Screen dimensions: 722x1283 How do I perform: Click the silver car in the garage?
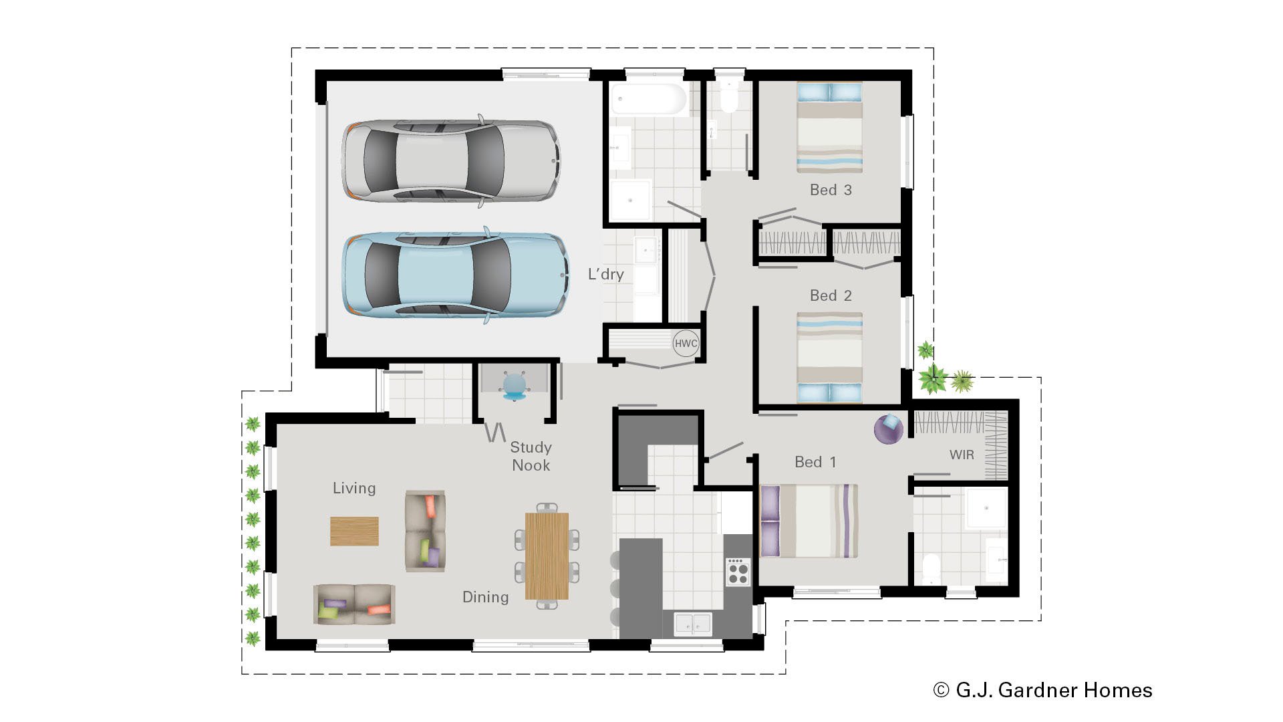[451, 161]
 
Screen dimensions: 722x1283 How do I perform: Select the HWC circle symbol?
[686, 344]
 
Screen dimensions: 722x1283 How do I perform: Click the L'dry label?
[605, 274]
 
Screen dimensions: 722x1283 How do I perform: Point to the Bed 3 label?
[831, 190]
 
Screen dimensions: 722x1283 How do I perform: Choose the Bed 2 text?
[831, 295]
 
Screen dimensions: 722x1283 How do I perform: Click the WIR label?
[962, 455]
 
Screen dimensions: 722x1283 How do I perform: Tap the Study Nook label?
[531, 457]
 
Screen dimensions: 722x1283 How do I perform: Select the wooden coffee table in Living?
[354, 531]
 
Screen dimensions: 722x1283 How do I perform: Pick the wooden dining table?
[547, 556]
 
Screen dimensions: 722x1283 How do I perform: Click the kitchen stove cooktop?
[738, 572]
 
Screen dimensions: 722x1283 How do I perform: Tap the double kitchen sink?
[693, 623]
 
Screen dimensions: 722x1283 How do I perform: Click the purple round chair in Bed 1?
[889, 428]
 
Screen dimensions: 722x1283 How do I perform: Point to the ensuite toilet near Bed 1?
[931, 569]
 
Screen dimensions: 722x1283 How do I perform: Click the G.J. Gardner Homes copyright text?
[1042, 690]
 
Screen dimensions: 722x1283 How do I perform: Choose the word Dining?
[485, 597]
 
